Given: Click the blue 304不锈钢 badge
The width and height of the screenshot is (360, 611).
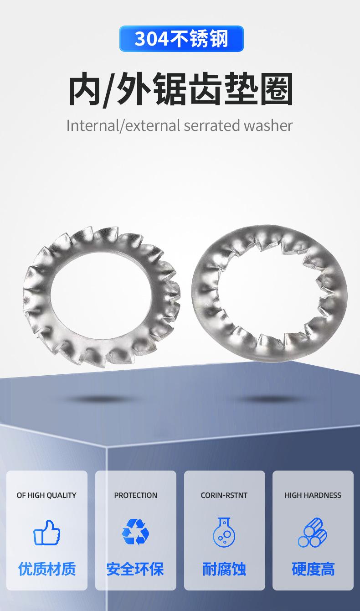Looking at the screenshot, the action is [x=181, y=38].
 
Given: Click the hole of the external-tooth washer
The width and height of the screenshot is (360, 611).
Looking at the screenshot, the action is [x=101, y=295].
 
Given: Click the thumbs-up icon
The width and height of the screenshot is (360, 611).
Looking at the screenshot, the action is [x=46, y=533].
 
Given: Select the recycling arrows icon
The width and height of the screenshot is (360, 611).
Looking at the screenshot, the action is [x=135, y=532].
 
